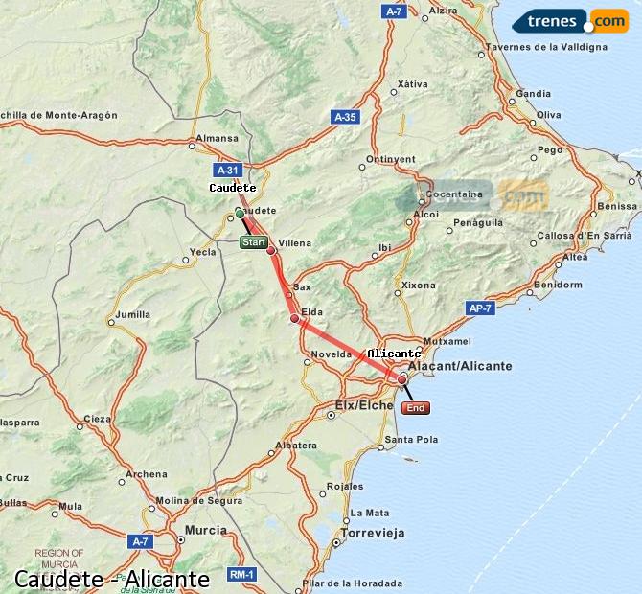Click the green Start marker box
tap(254, 242)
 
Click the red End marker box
tap(416, 408)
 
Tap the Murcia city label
tap(205, 530)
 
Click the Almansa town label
tap(215, 138)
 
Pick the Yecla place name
tap(203, 252)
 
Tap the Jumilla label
tap(132, 314)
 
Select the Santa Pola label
tap(411, 440)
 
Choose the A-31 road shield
tap(227, 171)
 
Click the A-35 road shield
tap(345, 117)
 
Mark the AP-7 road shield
tap(481, 308)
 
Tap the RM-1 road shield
tap(241, 574)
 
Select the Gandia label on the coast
tap(534, 94)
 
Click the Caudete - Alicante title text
tap(112, 580)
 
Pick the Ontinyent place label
tap(391, 159)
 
